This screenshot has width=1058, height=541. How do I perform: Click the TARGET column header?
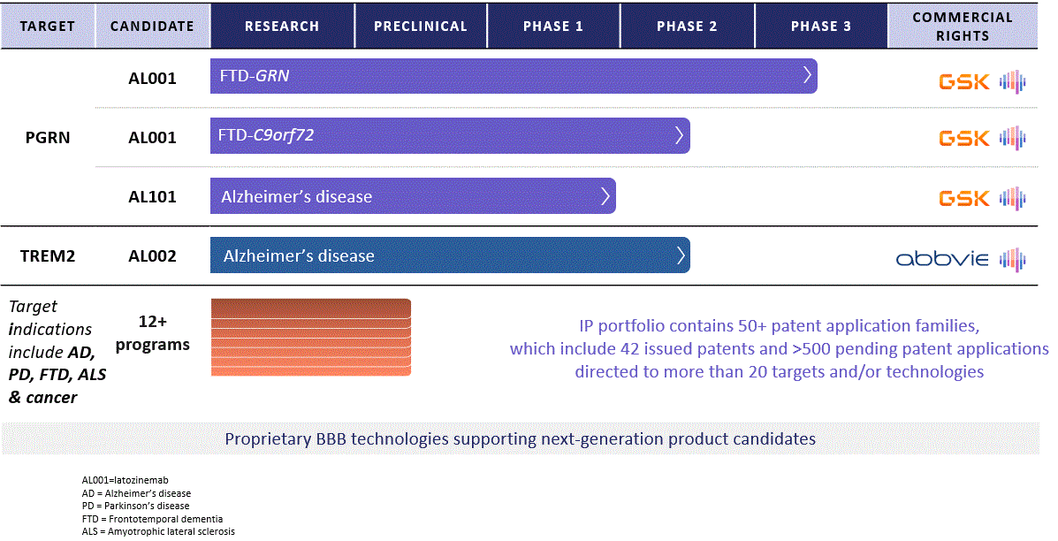coord(48,26)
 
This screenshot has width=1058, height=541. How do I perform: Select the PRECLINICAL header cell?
coord(421,26)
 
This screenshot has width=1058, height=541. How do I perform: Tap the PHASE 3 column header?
coord(821,26)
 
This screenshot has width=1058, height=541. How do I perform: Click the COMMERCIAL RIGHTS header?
coord(963,26)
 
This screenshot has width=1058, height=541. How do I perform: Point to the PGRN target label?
coord(48,138)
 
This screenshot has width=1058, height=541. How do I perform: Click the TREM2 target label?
coord(48,256)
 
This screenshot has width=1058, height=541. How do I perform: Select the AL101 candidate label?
coord(152,197)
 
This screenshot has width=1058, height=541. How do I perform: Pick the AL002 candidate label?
coord(152,256)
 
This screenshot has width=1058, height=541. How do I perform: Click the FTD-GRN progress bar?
coord(513,76)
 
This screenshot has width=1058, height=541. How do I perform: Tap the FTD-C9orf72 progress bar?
coord(449,135)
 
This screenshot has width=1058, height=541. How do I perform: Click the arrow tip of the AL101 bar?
coord(605,196)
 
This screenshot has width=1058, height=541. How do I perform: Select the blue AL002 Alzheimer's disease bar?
coord(449,256)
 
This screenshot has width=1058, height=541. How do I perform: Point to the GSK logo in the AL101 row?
coord(964,198)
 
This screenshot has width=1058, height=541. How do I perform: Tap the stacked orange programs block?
coord(310,338)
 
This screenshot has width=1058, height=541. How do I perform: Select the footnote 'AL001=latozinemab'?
coord(125,480)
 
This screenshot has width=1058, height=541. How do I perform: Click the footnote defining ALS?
coord(158,531)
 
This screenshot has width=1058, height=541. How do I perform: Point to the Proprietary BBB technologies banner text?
coord(520,438)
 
